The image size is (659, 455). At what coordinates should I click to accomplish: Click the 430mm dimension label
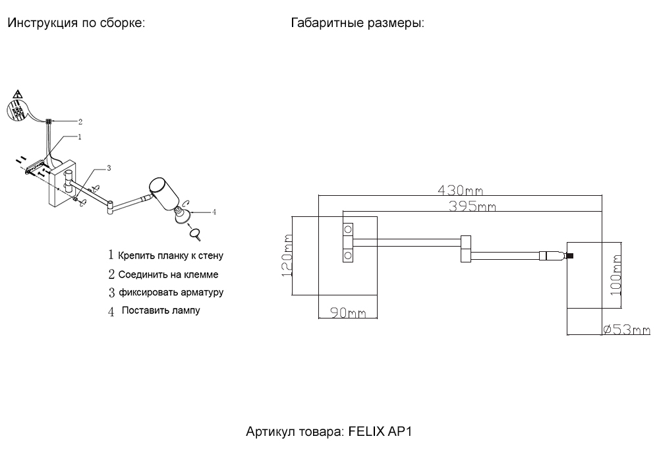460,191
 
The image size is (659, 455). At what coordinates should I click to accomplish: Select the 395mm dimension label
472,206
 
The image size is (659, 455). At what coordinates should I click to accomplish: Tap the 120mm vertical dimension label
287,256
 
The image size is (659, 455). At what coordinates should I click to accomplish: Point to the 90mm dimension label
347,313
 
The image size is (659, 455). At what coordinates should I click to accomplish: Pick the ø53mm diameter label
626,330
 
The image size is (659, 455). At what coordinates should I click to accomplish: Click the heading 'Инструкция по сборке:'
76,24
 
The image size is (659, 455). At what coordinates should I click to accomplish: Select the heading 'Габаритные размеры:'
357,24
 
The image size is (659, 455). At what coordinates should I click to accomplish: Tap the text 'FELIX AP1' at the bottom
379,432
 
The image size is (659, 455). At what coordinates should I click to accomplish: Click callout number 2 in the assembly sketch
80,121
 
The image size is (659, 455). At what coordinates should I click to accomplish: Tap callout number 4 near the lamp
214,212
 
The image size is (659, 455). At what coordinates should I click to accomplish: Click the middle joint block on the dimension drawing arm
465,249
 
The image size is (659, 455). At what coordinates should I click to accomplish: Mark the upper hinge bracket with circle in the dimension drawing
347,229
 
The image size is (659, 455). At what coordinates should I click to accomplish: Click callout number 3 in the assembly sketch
109,169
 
